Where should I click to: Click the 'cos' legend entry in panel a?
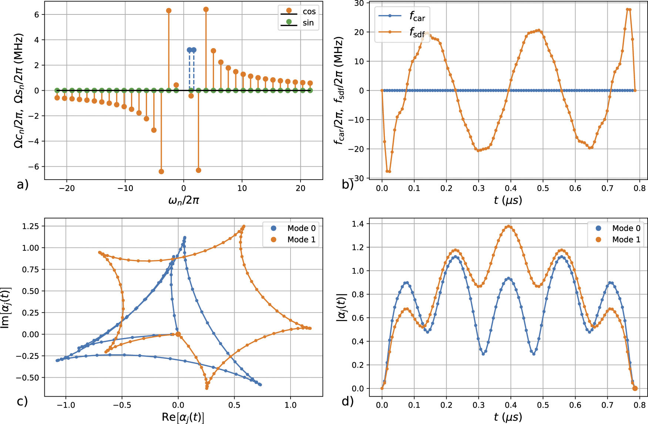point(309,11)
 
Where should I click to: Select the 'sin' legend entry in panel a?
point(308,23)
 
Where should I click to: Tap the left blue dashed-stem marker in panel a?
point(189,50)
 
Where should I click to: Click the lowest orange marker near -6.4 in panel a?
point(161,171)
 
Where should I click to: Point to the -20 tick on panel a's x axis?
point(67,188)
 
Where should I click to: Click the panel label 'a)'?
point(23,184)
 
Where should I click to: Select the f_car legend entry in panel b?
point(417,16)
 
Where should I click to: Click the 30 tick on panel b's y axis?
point(359,3)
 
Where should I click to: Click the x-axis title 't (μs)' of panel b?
point(508,200)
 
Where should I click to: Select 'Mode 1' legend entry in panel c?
point(301,240)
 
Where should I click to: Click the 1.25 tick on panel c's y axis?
point(30,226)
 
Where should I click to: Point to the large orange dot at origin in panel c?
point(178,334)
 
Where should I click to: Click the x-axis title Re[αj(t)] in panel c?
point(183,417)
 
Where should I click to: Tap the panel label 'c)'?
point(22,401)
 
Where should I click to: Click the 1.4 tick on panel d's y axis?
point(358,224)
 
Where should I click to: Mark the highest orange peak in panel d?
point(508,226)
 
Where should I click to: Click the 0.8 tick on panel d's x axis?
point(639,405)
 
